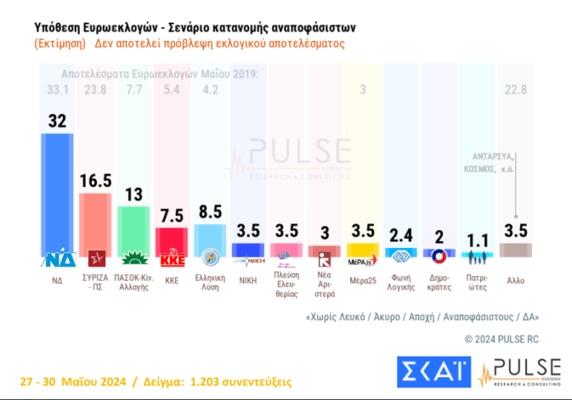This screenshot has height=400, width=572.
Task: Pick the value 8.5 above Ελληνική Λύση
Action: [210, 211]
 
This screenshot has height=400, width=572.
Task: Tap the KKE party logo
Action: [173, 260]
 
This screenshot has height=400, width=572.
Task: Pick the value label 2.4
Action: [400, 232]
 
